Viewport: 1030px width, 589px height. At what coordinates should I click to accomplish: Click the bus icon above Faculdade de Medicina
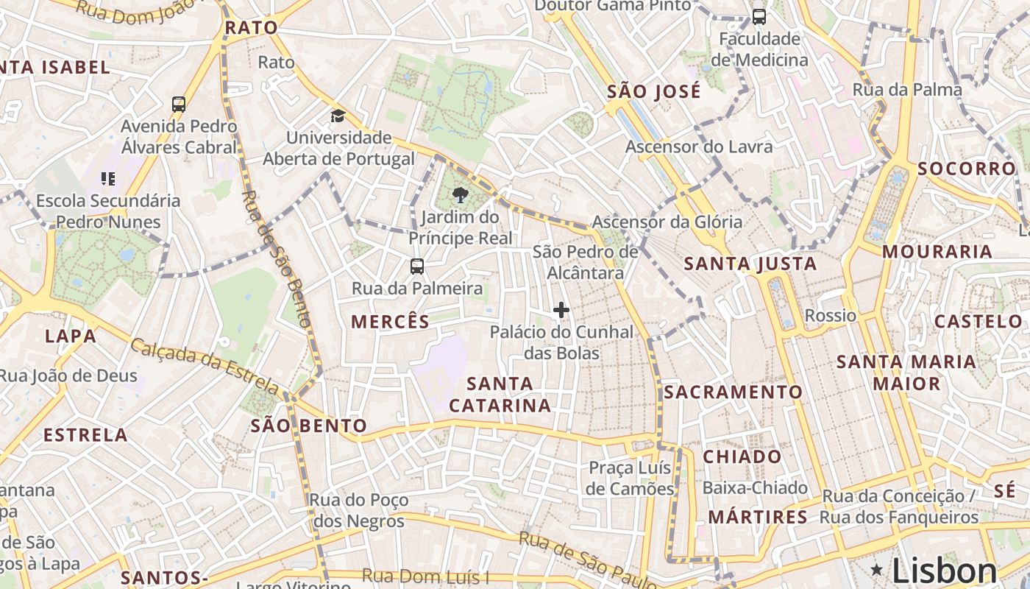[x=759, y=16]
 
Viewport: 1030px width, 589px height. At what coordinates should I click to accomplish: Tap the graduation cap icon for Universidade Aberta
[x=338, y=116]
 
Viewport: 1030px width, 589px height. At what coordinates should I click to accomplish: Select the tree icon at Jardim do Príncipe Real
[x=461, y=195]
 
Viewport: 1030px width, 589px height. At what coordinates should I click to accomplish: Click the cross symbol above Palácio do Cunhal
[x=561, y=310]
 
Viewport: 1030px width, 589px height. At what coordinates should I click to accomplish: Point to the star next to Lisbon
[x=876, y=569]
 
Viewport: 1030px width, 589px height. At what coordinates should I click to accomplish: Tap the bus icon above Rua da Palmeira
[x=417, y=266]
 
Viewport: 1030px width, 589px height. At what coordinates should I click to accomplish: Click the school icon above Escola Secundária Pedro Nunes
[x=108, y=178]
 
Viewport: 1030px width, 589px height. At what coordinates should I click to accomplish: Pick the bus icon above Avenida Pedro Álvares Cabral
[x=179, y=104]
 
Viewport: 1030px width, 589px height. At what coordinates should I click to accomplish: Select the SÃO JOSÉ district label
[x=653, y=92]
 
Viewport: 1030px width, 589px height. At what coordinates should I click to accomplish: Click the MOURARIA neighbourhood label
[x=937, y=252]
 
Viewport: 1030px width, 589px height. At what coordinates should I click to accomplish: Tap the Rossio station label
[x=831, y=316]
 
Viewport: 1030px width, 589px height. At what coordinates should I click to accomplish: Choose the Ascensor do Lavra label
[x=699, y=147]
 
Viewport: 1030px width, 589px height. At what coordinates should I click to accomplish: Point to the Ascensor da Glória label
[x=667, y=222]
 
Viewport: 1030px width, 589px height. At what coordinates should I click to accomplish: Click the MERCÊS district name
[x=390, y=322]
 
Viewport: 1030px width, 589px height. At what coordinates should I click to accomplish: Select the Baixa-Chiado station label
[x=755, y=487]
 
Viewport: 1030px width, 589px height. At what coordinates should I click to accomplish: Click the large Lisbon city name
[x=945, y=571]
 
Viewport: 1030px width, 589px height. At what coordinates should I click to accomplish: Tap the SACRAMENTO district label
[x=733, y=392]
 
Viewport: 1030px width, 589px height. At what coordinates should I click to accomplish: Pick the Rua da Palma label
[x=907, y=90]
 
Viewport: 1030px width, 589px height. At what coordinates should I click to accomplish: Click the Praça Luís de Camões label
[x=631, y=478]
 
